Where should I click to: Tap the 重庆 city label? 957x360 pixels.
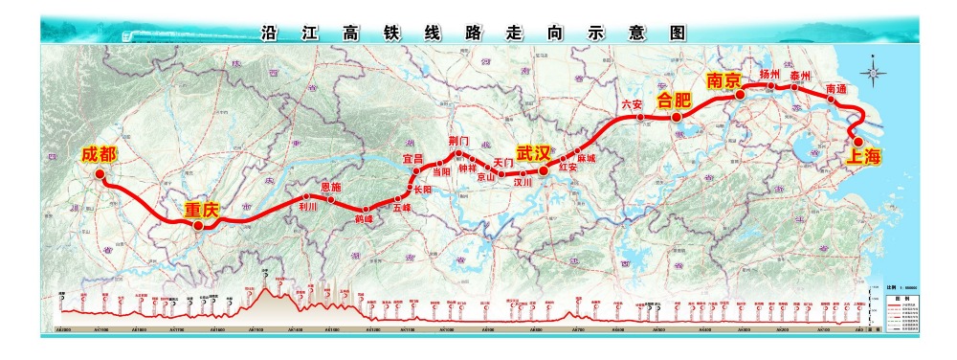tap(203, 208)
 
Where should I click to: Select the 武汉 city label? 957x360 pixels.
tap(534, 152)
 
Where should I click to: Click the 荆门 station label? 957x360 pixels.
tap(458, 142)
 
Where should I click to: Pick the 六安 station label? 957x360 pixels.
tap(632, 104)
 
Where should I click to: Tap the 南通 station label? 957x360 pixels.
tap(835, 89)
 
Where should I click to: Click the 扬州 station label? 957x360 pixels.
tap(769, 74)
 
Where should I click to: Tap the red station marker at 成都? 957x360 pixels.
tap(99, 174)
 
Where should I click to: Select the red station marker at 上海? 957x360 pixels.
tap(858, 142)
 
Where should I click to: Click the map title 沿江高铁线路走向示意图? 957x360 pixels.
tap(475, 32)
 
